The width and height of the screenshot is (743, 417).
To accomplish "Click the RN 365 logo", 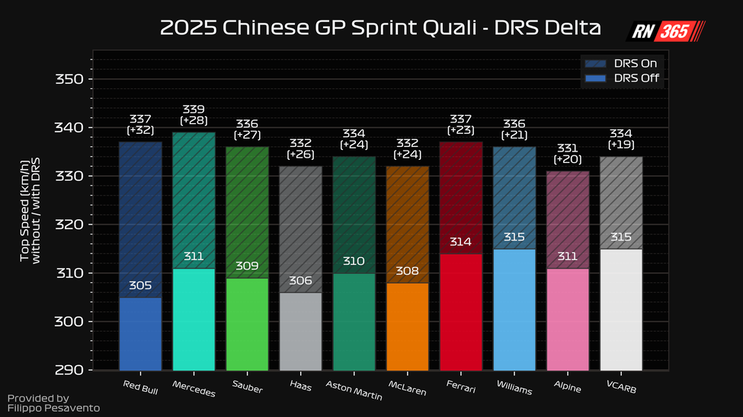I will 665,31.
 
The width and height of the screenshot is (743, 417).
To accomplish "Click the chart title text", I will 380,29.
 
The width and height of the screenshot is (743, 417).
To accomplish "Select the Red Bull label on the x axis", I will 140,384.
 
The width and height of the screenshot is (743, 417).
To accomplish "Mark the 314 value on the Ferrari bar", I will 460,243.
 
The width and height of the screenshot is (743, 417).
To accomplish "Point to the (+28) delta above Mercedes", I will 194,120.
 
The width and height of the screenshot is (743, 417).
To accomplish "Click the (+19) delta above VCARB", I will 621,145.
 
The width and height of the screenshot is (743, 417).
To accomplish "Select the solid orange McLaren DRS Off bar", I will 407,327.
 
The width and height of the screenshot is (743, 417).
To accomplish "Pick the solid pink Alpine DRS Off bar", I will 567,320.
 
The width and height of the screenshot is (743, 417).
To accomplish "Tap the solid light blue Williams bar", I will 514,312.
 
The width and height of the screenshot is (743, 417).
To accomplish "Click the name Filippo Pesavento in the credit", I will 53,409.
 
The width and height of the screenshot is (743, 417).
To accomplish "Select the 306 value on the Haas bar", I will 300,282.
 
